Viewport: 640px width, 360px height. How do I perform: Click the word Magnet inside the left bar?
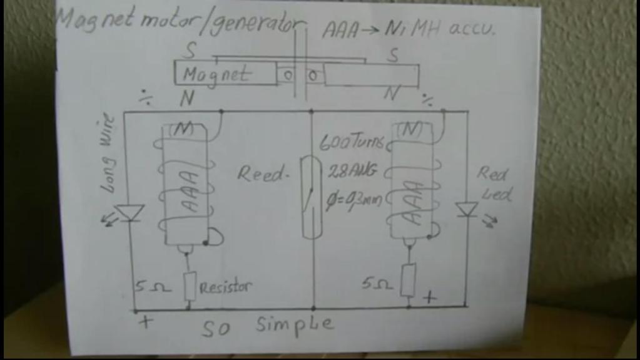point(216,75)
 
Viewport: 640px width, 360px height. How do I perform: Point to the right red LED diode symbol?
point(467,209)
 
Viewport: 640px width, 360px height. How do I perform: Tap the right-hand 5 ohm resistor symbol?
point(409,280)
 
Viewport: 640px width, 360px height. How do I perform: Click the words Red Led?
point(494,183)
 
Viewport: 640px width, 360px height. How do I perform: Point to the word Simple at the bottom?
point(295,324)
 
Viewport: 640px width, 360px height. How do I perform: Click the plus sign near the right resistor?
point(429,297)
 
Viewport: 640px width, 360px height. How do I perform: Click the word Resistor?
point(225,287)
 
